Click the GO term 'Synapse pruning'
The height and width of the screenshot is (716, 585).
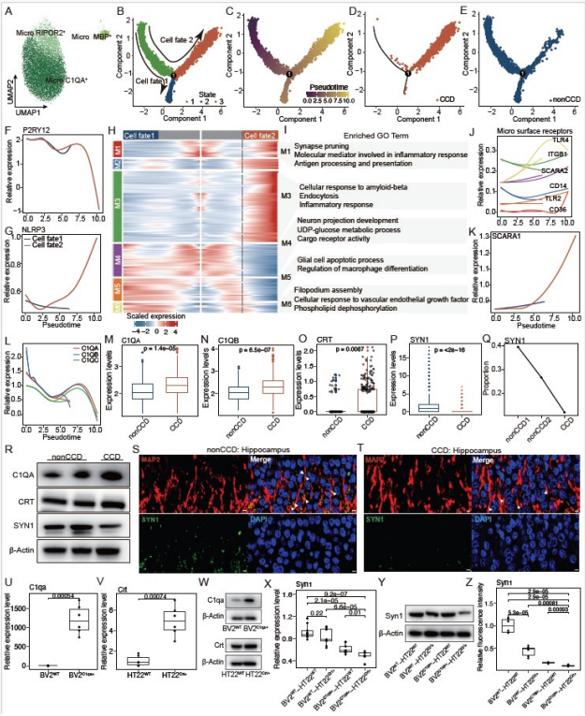pos(320,147)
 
